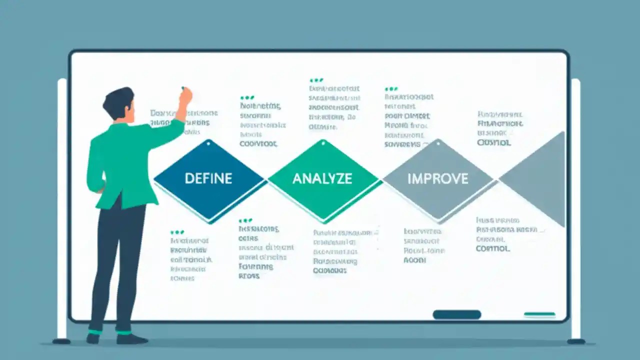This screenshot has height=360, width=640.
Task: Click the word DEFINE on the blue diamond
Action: pyautogui.click(x=208, y=178)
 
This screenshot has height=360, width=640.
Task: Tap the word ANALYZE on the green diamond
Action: pyautogui.click(x=322, y=178)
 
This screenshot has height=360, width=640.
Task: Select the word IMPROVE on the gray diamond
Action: pyautogui.click(x=438, y=178)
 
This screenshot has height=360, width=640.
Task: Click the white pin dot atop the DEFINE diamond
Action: pyautogui.click(x=208, y=142)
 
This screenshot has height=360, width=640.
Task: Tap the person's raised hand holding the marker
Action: pyautogui.click(x=185, y=95)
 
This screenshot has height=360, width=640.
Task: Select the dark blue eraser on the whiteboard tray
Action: pyautogui.click(x=456, y=314)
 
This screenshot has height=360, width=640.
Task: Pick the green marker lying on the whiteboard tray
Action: pyautogui.click(x=539, y=314)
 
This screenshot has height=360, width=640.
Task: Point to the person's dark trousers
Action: pyautogui.click(x=117, y=260)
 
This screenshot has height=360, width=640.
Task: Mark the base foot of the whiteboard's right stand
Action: pyautogui.click(x=576, y=341)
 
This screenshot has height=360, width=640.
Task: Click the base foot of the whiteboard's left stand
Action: pyautogui.click(x=61, y=341)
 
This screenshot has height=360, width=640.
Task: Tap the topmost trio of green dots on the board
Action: pyautogui.click(x=316, y=80)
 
